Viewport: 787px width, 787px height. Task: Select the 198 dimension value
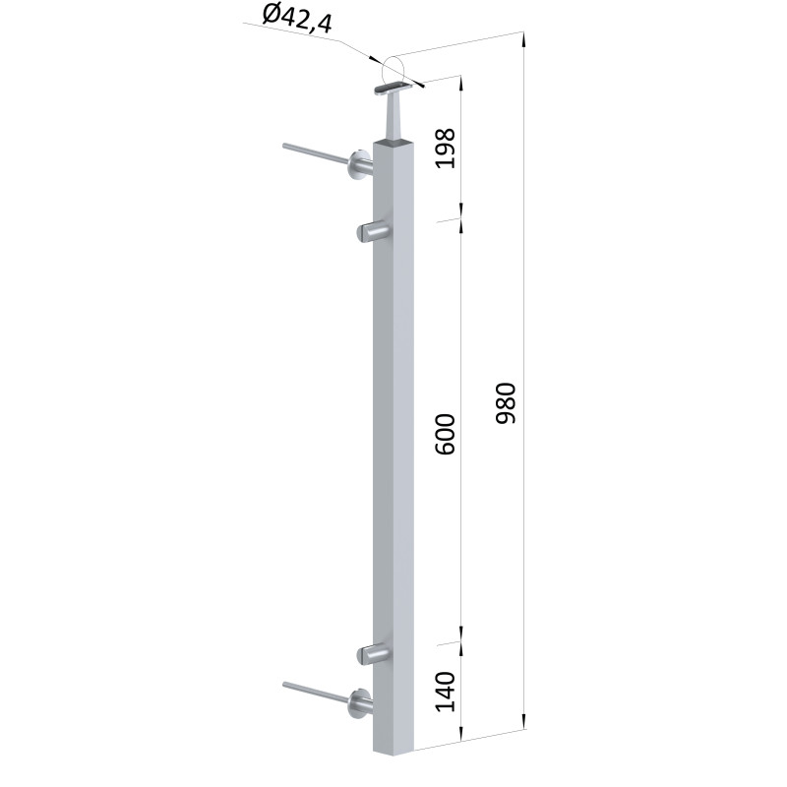[x=446, y=149]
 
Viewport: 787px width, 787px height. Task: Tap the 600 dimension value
[x=446, y=434]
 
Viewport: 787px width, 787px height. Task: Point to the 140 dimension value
[x=446, y=692]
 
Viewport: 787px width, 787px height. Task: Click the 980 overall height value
[x=506, y=403]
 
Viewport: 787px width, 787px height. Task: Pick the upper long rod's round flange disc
[x=358, y=165]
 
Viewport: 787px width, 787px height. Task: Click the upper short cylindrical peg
[x=373, y=232]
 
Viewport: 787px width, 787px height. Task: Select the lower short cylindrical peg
[x=373, y=654]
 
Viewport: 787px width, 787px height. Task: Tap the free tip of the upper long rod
[x=285, y=146]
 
